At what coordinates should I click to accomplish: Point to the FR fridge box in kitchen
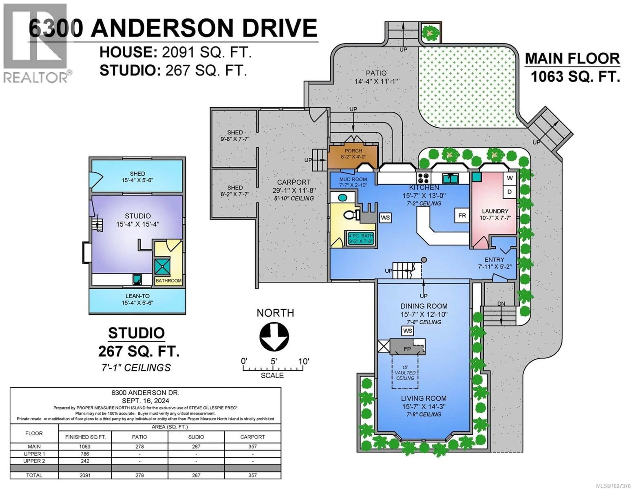click(x=462, y=216)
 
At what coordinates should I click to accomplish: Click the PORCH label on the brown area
click(x=353, y=151)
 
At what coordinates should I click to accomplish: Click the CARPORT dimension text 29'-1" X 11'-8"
click(x=294, y=190)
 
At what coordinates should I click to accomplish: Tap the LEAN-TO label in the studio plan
click(x=137, y=296)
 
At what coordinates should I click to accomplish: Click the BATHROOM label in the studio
click(x=168, y=281)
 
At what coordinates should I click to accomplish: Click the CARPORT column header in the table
click(x=252, y=437)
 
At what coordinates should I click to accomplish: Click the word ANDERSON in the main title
click(x=163, y=28)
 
